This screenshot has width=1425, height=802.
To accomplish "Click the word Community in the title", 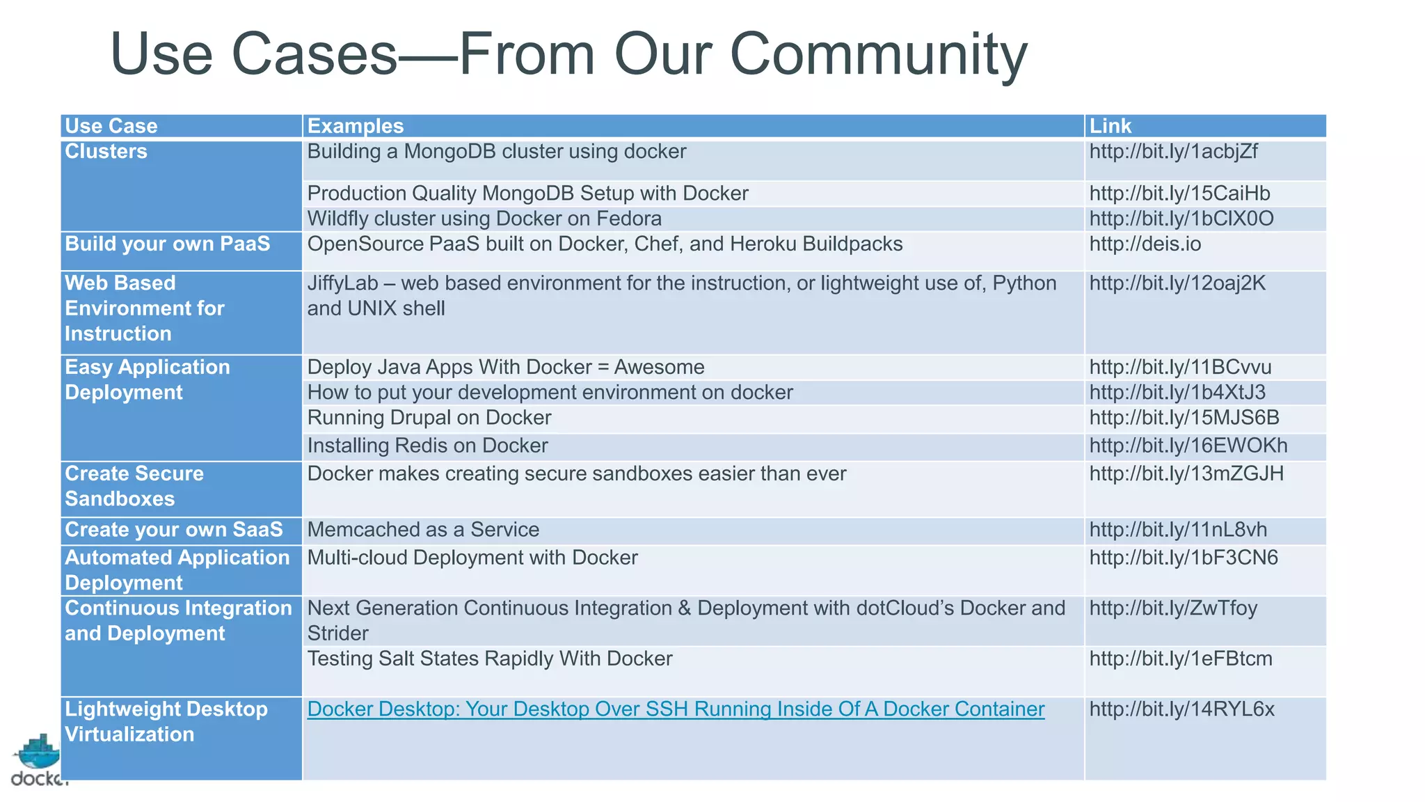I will tap(878, 54).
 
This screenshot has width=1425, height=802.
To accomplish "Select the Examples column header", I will tap(355, 126).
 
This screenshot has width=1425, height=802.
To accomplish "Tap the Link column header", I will tap(1110, 126).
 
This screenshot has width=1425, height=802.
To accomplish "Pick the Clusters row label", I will tap(106, 151).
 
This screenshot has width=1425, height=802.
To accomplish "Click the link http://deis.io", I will tap(1145, 244).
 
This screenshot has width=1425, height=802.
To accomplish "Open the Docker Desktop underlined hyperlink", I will tap(676, 709).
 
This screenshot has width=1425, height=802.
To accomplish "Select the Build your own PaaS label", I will tap(167, 244).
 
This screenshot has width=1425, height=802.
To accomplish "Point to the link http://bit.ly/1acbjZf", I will tap(1173, 151).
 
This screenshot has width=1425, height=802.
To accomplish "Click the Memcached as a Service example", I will tap(423, 530).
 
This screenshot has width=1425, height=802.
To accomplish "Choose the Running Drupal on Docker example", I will tap(429, 418).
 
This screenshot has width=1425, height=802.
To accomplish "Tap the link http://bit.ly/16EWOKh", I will tap(1188, 446).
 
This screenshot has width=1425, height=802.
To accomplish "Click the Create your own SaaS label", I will tap(173, 530).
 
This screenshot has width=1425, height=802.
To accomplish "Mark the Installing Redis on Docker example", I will tap(427, 446).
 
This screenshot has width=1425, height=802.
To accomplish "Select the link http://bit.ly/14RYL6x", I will tap(1181, 709).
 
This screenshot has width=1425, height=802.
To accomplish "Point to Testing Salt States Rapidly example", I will tap(490, 659).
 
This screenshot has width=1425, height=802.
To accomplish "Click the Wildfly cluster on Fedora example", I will tap(484, 219).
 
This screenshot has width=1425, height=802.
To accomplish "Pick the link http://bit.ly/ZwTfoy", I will tap(1173, 608).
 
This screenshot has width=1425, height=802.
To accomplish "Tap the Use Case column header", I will tap(111, 126).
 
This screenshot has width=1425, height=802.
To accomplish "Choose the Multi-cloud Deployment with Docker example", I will tap(472, 558).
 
